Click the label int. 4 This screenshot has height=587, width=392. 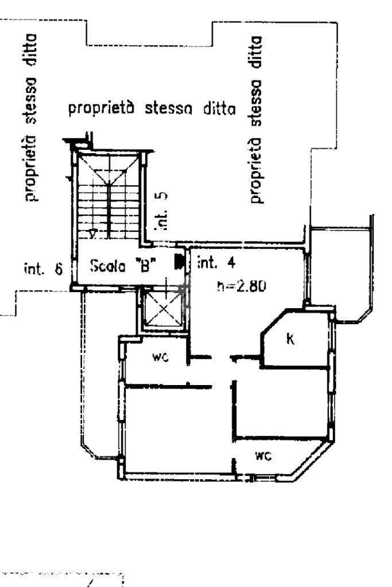(216, 264)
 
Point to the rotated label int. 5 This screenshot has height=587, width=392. (163, 211)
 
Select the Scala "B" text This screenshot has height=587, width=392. (124, 266)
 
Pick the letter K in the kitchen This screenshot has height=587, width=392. (290, 339)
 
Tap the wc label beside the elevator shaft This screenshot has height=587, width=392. (159, 357)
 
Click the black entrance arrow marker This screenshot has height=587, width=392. (179, 262)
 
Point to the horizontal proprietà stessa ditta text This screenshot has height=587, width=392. (152, 108)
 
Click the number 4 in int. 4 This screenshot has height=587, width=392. (230, 264)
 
